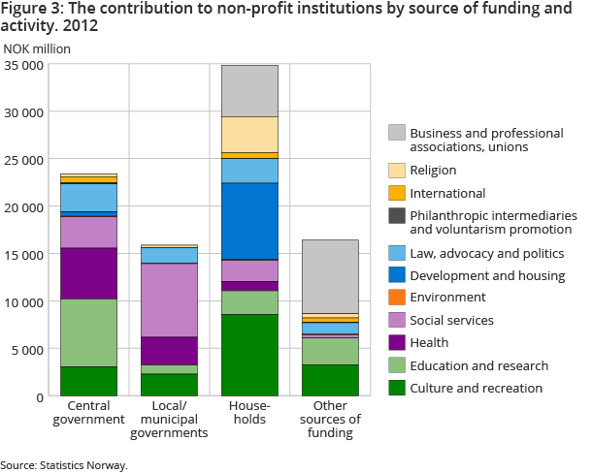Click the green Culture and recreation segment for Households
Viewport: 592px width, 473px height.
[x=250, y=355]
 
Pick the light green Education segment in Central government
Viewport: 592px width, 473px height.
[x=88, y=332]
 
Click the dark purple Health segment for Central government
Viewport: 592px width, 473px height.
[x=88, y=273]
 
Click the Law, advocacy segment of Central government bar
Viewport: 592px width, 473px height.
[x=88, y=197]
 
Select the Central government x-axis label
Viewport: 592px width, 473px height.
[x=88, y=412]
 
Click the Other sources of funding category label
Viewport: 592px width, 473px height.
[x=332, y=419]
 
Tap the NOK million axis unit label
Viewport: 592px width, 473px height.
[x=37, y=48]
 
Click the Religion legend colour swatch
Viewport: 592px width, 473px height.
[x=396, y=171]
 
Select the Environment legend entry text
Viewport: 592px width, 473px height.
[x=447, y=298]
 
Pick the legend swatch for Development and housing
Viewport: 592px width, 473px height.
[x=396, y=276]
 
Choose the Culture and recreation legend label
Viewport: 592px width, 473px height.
[x=476, y=388]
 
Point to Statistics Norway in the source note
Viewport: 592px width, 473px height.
[x=85, y=465]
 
